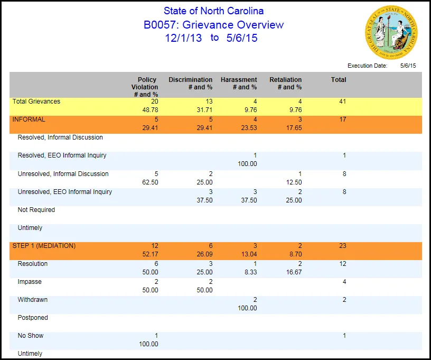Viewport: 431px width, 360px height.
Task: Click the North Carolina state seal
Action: click(391, 32)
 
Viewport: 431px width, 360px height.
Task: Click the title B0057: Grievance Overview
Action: click(213, 25)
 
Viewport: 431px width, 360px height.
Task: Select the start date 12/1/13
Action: click(183, 38)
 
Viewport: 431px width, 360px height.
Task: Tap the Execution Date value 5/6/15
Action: click(408, 66)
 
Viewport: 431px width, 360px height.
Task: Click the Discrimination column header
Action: click(191, 84)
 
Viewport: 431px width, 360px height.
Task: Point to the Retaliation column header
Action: click(286, 84)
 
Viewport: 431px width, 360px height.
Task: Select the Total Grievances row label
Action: click(36, 101)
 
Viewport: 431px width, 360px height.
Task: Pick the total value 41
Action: click(342, 101)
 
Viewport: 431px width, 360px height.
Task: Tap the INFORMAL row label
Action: click(29, 119)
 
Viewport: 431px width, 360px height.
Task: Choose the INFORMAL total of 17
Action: click(342, 119)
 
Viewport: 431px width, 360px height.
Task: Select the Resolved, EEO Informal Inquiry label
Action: click(62, 155)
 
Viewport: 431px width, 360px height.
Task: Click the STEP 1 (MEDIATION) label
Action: click(44, 246)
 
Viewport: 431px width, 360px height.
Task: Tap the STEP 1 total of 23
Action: click(342, 246)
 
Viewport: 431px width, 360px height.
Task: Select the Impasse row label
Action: click(30, 282)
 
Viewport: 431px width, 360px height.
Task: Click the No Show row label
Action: click(31, 336)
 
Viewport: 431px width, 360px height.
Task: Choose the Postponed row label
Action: click(33, 318)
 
